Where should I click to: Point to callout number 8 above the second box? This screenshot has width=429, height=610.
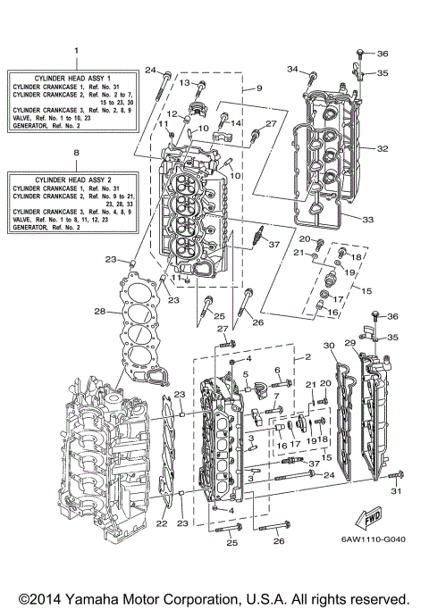(x=76, y=154)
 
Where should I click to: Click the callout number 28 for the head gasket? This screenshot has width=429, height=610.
(x=101, y=312)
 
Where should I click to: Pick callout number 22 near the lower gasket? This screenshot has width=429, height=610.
(x=161, y=523)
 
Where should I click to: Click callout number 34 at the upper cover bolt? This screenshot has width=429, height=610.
(x=291, y=69)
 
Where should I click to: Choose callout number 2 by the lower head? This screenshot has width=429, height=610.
(x=307, y=357)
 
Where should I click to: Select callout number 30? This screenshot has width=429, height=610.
(x=329, y=345)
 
